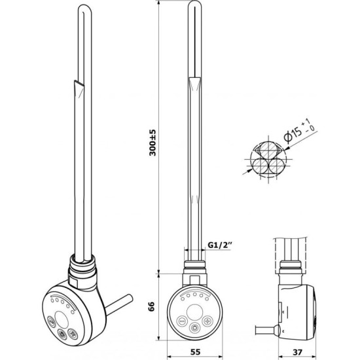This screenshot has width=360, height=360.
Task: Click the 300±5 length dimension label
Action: tap(153, 143)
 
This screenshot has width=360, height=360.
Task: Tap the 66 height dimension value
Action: tap(151, 306)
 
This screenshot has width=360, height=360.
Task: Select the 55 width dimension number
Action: tap(196, 351)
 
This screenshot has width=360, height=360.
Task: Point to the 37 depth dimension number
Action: tap(298, 351)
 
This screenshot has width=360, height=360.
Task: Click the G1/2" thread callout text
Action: tap(219, 245)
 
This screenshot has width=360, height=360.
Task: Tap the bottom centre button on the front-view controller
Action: tap(195, 327)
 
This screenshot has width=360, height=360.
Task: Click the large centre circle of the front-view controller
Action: tap(194, 312)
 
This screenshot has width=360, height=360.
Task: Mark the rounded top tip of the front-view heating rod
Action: tap(194, 2)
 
